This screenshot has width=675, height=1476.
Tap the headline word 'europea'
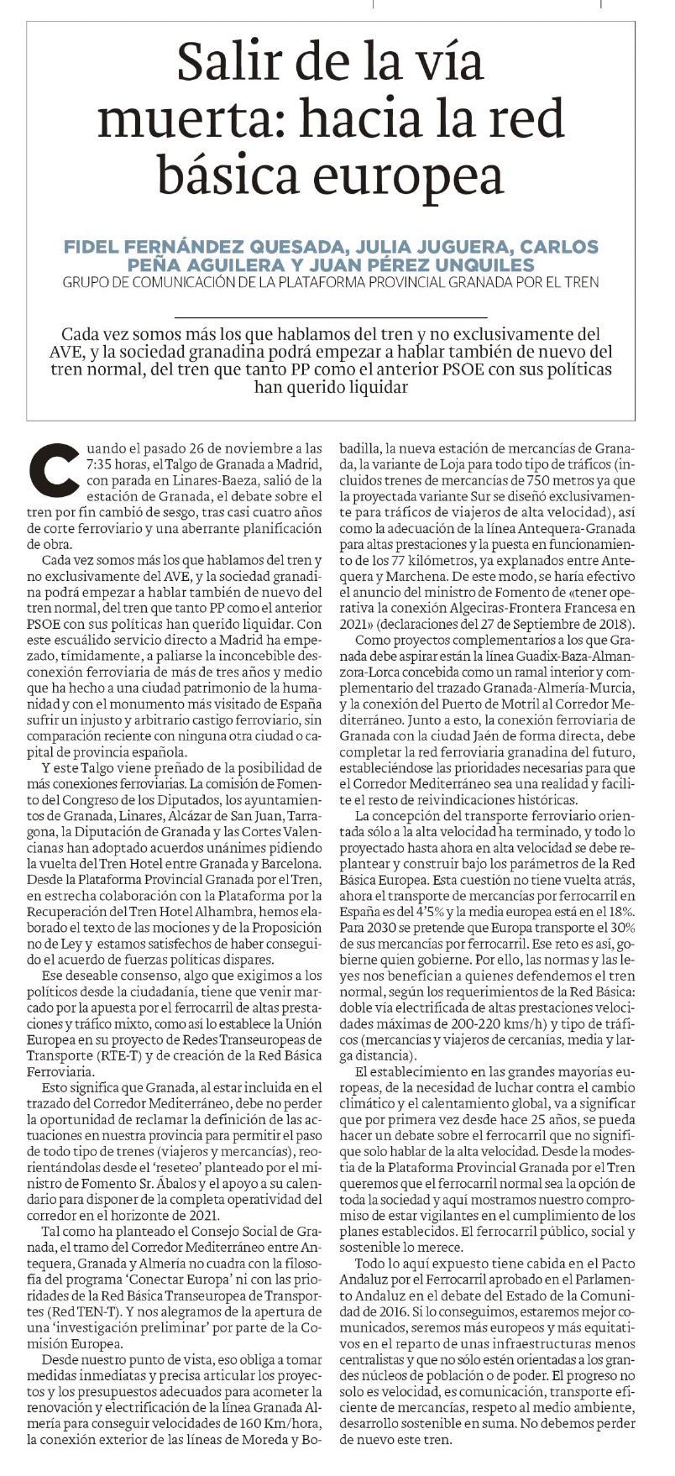[x=414, y=174]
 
